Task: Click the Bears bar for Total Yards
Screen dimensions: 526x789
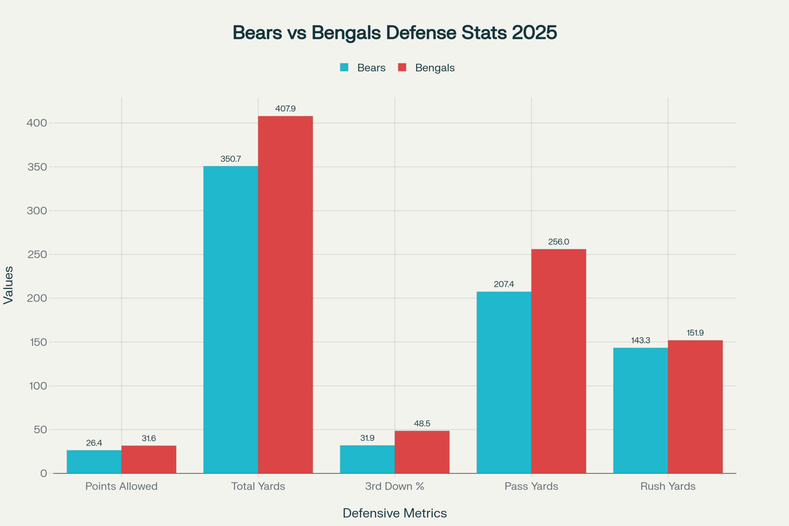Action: tap(230, 319)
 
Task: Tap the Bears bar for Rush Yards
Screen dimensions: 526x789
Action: tap(640, 410)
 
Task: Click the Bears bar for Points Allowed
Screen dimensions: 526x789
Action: tap(94, 462)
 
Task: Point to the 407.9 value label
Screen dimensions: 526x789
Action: tap(285, 109)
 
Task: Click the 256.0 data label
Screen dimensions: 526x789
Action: tap(558, 242)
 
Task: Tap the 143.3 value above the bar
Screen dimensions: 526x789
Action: tap(640, 340)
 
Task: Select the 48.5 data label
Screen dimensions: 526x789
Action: tap(422, 423)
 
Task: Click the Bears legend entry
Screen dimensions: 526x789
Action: tap(371, 68)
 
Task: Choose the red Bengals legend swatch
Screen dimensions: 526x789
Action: tap(402, 67)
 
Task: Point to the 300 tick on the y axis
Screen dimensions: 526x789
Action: tap(37, 211)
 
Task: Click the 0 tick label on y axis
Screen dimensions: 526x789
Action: tap(43, 474)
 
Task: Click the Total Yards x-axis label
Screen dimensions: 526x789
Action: tap(258, 486)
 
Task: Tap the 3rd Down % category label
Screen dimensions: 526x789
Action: tap(394, 486)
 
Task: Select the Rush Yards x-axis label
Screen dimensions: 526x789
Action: tap(668, 486)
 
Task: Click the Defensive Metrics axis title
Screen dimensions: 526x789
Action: tap(394, 513)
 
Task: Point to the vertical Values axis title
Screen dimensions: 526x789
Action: tap(8, 285)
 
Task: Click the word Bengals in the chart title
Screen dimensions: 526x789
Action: tap(346, 33)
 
